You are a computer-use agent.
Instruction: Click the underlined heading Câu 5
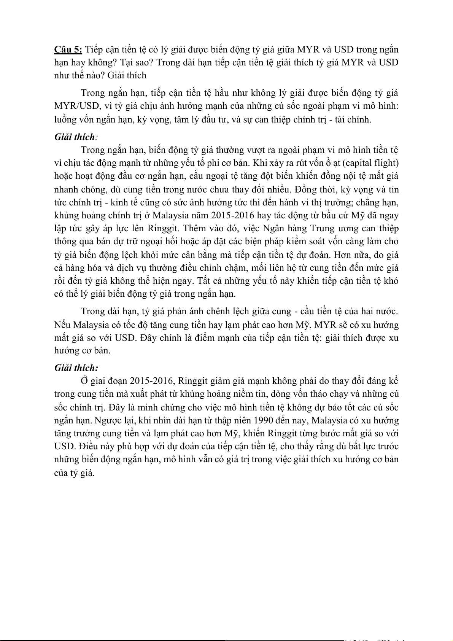68,49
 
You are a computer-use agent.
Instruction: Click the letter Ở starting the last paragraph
84,381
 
